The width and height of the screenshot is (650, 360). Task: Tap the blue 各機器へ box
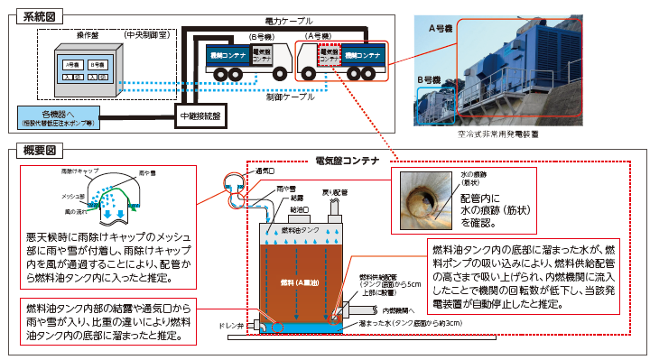62,115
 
